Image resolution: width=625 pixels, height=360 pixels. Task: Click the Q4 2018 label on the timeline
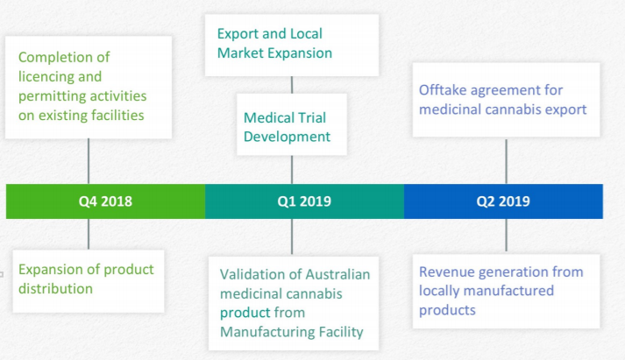coord(105,201)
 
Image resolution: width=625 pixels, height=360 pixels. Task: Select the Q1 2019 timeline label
coord(304,201)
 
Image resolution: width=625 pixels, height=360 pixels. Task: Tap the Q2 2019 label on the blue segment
coord(503,201)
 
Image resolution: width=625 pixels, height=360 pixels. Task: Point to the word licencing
coord(46,77)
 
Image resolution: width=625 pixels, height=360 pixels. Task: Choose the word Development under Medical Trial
coord(287,137)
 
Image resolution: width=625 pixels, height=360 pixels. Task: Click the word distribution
coord(55,289)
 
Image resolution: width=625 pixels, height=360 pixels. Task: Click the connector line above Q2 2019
coord(506,162)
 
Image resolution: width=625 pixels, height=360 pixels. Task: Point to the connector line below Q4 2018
coord(89,234)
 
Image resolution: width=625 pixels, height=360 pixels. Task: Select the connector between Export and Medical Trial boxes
coord(292,85)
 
